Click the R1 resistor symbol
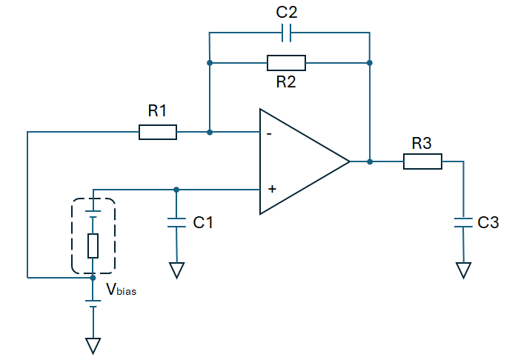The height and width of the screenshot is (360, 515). pos(158,132)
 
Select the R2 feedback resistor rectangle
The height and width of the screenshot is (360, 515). pos(286,63)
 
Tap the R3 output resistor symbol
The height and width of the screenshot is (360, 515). pos(422,161)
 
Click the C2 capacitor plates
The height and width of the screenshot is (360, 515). pos(286,33)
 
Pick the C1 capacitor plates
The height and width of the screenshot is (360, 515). pos(176,222)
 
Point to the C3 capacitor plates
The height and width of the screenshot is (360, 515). pos(463,222)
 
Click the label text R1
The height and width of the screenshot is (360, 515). pos(157,110)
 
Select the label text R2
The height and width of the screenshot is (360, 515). pos(286,81)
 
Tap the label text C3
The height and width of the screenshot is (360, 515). pos(488,222)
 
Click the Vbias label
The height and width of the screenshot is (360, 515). pos(121,290)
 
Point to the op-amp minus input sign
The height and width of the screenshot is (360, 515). pos(269,133)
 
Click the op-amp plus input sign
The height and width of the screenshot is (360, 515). pos(272,189)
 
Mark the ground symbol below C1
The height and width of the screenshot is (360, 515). pos(176,270)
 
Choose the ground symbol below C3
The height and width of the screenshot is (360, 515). pos(463,270)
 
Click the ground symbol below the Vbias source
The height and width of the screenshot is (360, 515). pos(93,346)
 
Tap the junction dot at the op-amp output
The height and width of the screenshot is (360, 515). pos(370,161)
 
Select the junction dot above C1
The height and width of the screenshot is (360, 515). pos(176,190)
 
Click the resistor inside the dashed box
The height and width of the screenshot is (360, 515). pos(93,246)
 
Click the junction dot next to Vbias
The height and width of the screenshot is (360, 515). pos(93,278)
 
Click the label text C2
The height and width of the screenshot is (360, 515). pos(287,12)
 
